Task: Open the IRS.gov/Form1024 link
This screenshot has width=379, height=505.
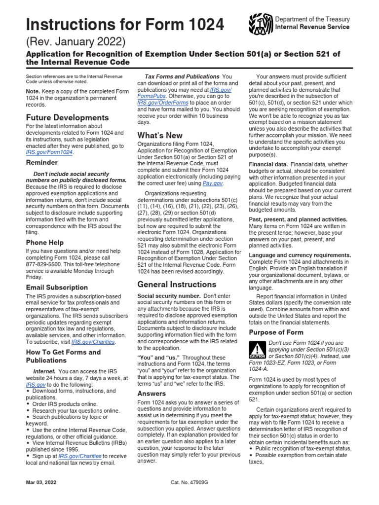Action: pyautogui.click(x=49, y=152)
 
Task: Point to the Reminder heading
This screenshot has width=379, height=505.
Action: pyautogui.click(x=42, y=162)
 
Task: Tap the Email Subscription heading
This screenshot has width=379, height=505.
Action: pyautogui.click(x=57, y=288)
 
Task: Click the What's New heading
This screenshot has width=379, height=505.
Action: pyautogui.click(x=160, y=135)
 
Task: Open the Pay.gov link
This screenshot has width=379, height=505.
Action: pyautogui.click(x=213, y=183)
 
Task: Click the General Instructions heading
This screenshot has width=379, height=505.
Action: pyautogui.click(x=177, y=285)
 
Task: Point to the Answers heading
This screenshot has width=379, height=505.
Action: pyautogui.click(x=152, y=394)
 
